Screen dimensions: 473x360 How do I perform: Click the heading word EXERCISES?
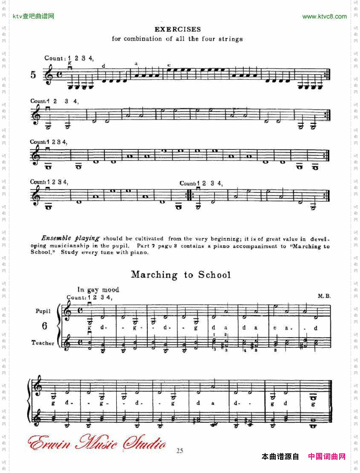177,29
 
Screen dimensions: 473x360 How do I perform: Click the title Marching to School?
181,275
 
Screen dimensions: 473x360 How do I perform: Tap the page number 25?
180,451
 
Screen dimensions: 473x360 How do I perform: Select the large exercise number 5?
34,75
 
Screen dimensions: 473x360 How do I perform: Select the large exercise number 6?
45,326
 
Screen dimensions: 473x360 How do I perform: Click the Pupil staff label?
43,311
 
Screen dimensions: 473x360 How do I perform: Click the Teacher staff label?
43,343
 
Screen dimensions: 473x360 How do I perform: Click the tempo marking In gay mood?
98,290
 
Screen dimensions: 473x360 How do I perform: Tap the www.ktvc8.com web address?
324,17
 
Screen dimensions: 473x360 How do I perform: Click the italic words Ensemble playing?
70,238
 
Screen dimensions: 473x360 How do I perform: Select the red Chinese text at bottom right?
326,457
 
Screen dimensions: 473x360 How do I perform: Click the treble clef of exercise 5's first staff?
49,74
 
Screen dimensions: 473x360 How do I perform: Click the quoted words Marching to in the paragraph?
310,247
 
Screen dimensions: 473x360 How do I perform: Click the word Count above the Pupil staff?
76,298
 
